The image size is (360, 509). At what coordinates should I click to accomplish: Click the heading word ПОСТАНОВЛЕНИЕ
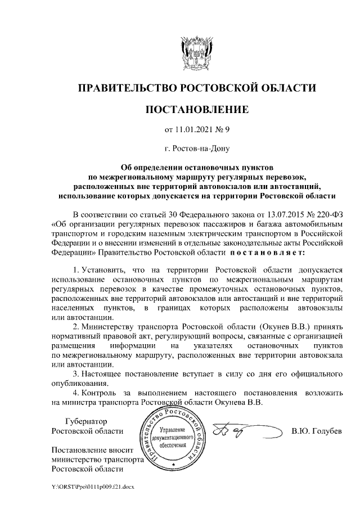point(196,109)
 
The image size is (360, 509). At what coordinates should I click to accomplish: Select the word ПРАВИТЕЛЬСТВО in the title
point(126,87)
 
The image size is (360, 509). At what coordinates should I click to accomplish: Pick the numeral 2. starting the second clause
point(78,326)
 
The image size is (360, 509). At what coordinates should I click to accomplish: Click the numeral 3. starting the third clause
point(78,373)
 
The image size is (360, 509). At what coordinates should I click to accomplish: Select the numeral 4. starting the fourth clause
point(78,393)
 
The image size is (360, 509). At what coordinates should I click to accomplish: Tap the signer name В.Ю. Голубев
point(316,431)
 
